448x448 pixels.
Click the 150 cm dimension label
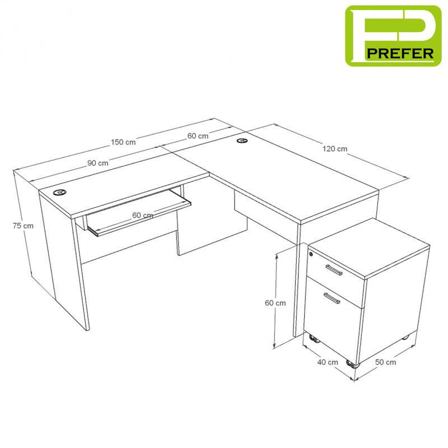pos(123,142)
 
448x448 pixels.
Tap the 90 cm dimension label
pos(97,163)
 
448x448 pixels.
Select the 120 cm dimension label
pos(335,149)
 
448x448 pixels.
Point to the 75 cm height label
pos(23,226)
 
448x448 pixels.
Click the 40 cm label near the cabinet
pos(328,362)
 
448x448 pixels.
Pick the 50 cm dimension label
pos(385,362)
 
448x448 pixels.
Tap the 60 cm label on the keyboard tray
pos(143,215)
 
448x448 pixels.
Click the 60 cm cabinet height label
pos(275,303)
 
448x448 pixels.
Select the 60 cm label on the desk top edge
pos(198,136)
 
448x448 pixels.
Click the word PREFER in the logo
pos(400,54)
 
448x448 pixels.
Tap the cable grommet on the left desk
pos(60,192)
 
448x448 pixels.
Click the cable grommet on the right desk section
pos(242,141)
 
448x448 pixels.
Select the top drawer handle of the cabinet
pos(334,270)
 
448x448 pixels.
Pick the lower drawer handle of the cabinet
pos(332,298)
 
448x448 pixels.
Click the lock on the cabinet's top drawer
pos(311,254)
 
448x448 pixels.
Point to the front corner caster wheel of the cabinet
pos(353,364)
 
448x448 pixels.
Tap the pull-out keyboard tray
pos(139,213)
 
